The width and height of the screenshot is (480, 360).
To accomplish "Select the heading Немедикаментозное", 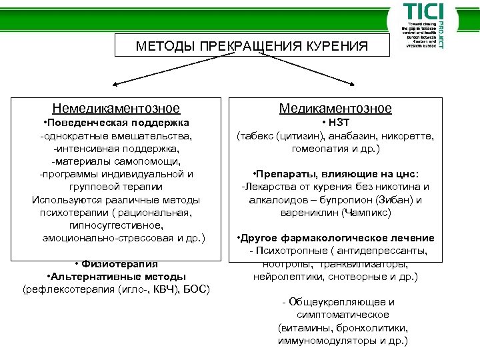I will [x=117, y=109].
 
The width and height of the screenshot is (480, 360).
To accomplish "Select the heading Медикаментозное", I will [x=335, y=109].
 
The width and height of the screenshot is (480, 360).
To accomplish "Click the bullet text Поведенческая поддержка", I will [x=116, y=123].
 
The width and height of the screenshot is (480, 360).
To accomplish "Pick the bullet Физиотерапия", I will [x=117, y=263].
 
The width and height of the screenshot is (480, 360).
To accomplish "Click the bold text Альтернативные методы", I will [x=117, y=276].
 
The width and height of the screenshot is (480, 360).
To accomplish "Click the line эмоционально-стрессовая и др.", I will [x=124, y=237].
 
